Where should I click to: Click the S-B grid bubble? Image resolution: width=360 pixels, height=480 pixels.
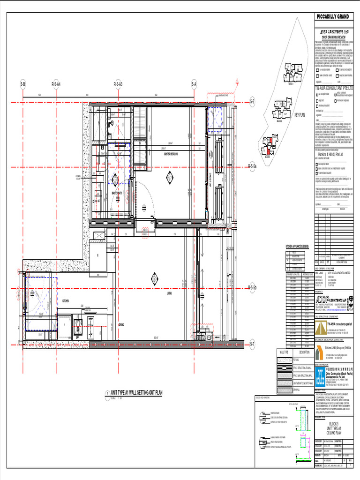pyautogui.click(x=22, y=84)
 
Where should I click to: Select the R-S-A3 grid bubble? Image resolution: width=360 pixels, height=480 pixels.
pyautogui.click(x=118, y=84)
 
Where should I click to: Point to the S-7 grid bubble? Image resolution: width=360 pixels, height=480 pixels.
pyautogui.click(x=252, y=345)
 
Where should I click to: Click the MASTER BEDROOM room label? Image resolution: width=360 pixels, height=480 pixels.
pyautogui.click(x=172, y=154)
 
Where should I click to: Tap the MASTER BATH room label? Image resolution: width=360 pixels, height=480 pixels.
pyautogui.click(x=117, y=193)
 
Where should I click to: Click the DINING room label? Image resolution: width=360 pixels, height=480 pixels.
pyautogui.click(x=121, y=324)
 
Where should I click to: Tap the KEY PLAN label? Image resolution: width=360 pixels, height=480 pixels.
pyautogui.click(x=299, y=115)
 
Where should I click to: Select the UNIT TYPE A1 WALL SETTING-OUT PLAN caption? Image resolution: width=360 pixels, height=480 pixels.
pyautogui.click(x=134, y=393)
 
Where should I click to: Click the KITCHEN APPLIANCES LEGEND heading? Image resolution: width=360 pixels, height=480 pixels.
pyautogui.click(x=297, y=246)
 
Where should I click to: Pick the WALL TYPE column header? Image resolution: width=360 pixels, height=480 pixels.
pyautogui.click(x=284, y=352)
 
